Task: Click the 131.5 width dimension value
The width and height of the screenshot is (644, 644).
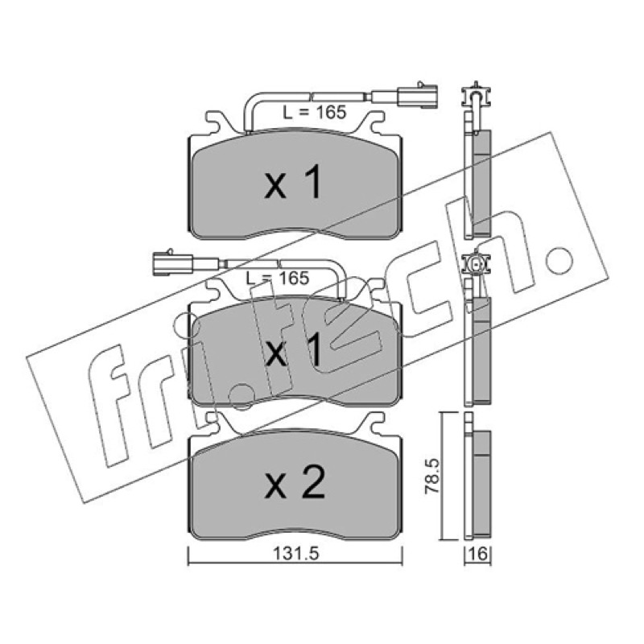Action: (x=295, y=554)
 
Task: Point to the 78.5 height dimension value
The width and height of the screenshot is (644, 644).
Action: (x=431, y=477)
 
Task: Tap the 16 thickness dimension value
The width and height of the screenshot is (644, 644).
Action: (x=478, y=554)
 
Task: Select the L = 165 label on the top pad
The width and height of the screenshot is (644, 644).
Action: (x=315, y=112)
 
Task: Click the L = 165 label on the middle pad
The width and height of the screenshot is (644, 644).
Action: (x=277, y=279)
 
